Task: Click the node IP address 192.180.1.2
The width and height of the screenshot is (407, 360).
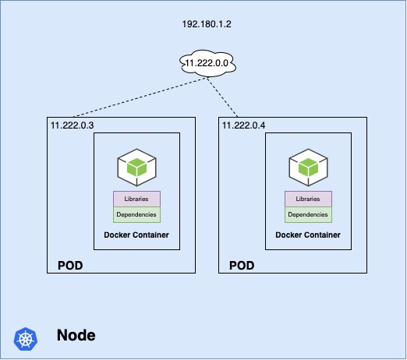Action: coord(207,24)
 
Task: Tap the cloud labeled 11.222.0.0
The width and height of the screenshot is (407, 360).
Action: coord(207,63)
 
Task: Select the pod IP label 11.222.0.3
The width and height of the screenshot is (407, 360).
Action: coord(72,125)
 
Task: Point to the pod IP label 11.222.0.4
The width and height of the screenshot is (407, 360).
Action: coord(243,125)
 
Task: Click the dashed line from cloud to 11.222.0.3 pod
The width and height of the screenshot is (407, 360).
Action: coord(140,97)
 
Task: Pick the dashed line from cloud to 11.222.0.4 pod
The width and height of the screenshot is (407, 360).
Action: coord(222,97)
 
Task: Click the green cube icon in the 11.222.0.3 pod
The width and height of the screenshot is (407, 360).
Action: coord(136,168)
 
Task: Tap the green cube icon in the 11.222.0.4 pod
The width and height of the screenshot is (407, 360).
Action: coord(308,168)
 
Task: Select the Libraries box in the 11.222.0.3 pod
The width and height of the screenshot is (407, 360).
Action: coord(136,199)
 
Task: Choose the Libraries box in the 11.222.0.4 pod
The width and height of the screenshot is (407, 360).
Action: coord(308,199)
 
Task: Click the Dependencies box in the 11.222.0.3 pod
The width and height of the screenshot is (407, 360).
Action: coord(136,215)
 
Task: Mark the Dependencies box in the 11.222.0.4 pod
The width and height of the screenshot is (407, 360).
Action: coord(308,215)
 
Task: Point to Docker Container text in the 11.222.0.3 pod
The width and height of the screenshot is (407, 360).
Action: coord(136,235)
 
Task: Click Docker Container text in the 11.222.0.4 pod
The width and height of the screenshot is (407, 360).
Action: coord(308,235)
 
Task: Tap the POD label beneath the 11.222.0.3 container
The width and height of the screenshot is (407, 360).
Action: coord(70,266)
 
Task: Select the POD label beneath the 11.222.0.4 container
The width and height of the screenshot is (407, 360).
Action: coord(242,266)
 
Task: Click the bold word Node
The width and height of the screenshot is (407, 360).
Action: coord(76,335)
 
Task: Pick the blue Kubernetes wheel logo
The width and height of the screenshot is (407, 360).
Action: coord(26,339)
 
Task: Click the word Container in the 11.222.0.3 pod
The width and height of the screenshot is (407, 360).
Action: coord(150,235)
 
